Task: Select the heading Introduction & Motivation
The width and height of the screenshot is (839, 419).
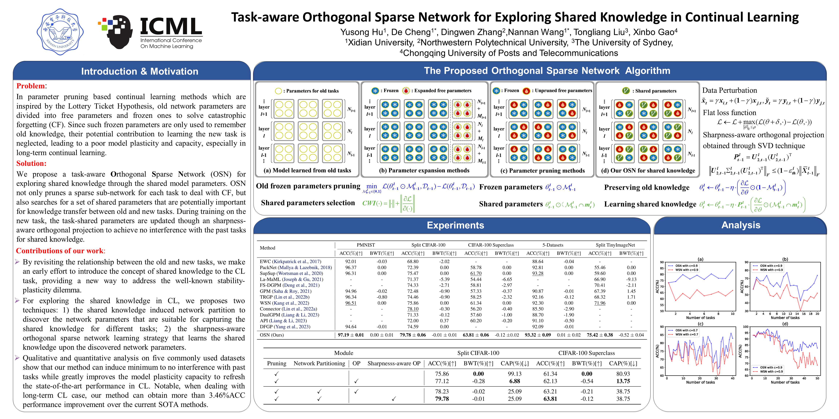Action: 139,71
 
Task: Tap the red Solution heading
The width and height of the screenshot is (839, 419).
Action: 31,163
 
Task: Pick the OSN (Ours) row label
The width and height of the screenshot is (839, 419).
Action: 272,335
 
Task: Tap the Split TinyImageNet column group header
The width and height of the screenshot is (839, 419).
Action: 615,245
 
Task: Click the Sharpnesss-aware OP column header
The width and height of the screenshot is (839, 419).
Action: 394,363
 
